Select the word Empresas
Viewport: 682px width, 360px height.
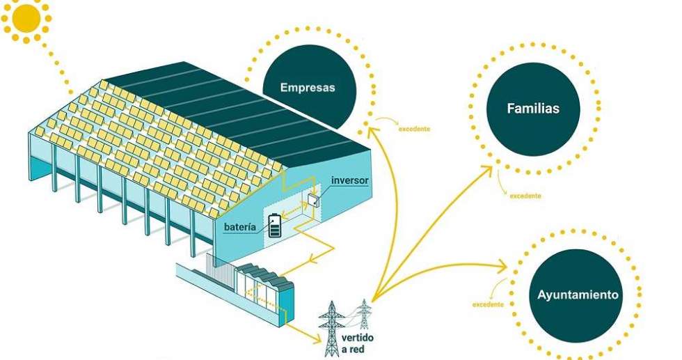(x=307, y=88)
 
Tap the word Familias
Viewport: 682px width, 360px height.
(x=533, y=109)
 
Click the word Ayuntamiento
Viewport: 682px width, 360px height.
(x=578, y=295)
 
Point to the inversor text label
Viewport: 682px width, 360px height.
(x=349, y=180)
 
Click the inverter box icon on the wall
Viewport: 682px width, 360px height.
(x=312, y=201)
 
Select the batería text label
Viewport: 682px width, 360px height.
(x=244, y=227)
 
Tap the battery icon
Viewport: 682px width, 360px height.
(x=276, y=226)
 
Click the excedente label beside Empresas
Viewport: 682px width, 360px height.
(x=413, y=129)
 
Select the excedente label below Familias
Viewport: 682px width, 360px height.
(x=525, y=196)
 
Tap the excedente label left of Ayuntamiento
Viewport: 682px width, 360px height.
(x=488, y=305)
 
